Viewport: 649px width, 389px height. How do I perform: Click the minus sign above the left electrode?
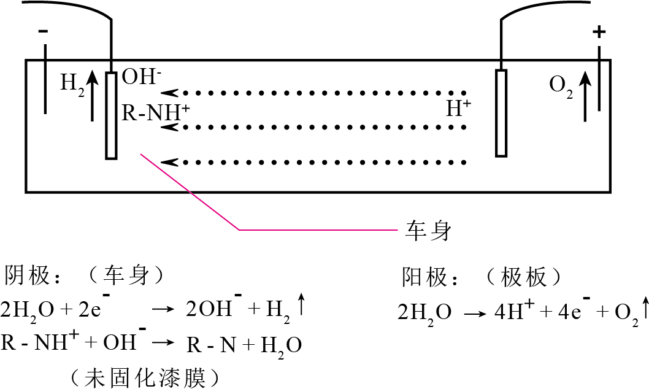pyautogui.click(x=43, y=31)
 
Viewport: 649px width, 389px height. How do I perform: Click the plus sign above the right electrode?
pyautogui.click(x=599, y=32)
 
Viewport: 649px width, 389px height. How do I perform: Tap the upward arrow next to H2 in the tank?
pyautogui.click(x=92, y=96)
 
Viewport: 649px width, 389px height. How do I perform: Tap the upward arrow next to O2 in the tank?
pyautogui.click(x=585, y=96)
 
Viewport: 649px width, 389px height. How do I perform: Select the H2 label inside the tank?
pyautogui.click(x=72, y=85)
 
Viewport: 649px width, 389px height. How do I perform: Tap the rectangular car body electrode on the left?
pyautogui.click(x=111, y=115)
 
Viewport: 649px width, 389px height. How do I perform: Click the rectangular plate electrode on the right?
pyautogui.click(x=501, y=114)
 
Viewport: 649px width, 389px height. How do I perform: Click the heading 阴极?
pyautogui.click(x=27, y=276)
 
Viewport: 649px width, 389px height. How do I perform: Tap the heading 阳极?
pyautogui.click(x=424, y=277)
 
